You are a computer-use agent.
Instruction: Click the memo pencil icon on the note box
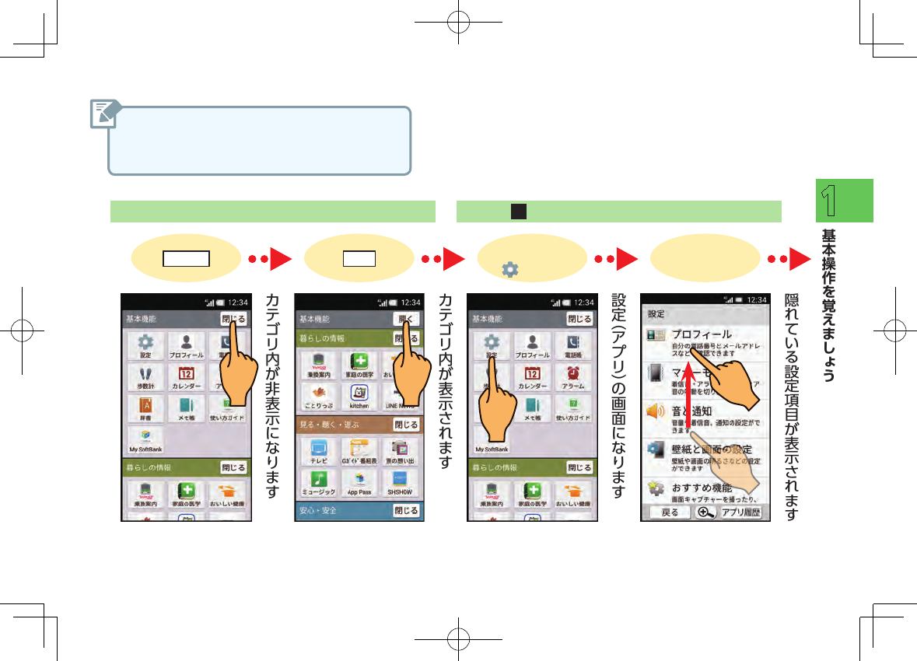click(103, 114)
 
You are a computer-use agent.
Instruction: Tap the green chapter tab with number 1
click(844, 201)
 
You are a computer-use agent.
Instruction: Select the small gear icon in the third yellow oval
click(509, 269)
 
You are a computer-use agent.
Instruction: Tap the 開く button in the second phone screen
click(406, 319)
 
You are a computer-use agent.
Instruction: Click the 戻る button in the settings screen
click(670, 512)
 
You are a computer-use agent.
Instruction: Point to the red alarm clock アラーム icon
click(573, 376)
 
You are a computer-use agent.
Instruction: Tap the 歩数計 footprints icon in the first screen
click(144, 376)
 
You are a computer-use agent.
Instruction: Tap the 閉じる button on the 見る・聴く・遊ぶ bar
click(406, 425)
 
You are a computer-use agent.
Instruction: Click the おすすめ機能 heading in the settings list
click(702, 488)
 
